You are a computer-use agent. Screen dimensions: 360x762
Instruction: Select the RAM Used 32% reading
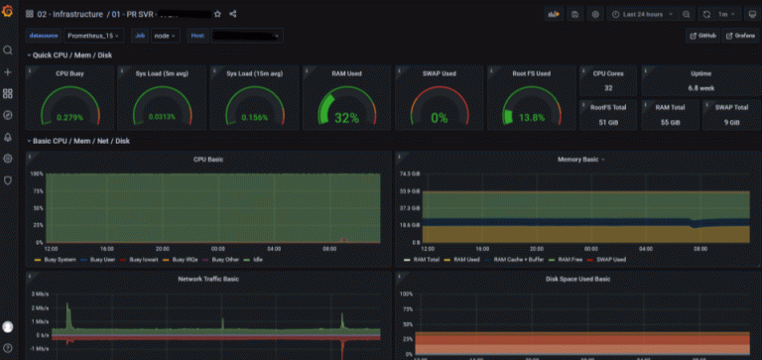[x=346, y=117]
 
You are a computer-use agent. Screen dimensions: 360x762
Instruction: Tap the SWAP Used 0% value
[x=439, y=118]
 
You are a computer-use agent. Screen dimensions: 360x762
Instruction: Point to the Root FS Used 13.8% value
[x=533, y=118]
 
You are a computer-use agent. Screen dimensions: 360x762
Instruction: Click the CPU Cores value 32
[x=607, y=87]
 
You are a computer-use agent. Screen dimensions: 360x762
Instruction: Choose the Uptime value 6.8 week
[x=700, y=87]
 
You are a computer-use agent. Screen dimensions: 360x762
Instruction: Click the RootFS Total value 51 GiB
[x=607, y=122]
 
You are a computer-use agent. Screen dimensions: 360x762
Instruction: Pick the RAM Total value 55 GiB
[x=670, y=122]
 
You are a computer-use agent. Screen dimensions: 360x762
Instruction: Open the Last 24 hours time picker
[x=645, y=15]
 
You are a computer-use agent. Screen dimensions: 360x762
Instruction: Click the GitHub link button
[x=703, y=36]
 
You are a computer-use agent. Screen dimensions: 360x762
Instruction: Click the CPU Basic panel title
[x=207, y=159]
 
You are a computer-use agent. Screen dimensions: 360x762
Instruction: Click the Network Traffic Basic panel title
[x=207, y=280]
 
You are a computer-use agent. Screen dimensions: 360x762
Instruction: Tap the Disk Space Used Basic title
[x=577, y=280]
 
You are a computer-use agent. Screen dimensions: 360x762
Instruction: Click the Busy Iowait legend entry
[x=144, y=260]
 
